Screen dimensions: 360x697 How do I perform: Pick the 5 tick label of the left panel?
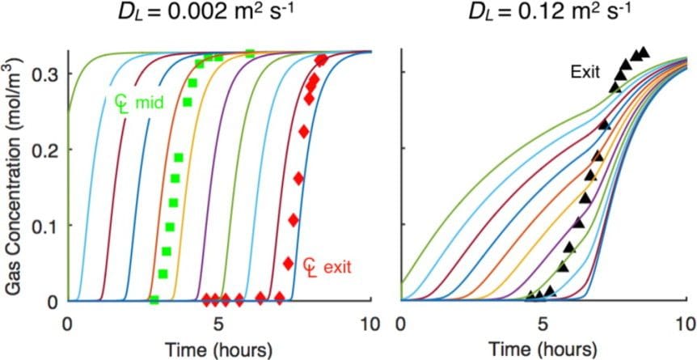[x=220, y=324]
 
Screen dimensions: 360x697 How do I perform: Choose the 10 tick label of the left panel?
[x=370, y=324]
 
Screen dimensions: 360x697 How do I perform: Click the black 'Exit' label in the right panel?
[x=582, y=72]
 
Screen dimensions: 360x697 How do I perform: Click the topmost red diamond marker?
[x=321, y=60]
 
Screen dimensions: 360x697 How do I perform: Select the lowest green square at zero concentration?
[x=154, y=300]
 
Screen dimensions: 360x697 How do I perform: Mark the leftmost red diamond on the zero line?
[x=206, y=300]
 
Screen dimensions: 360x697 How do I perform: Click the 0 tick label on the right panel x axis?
[x=402, y=324]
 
